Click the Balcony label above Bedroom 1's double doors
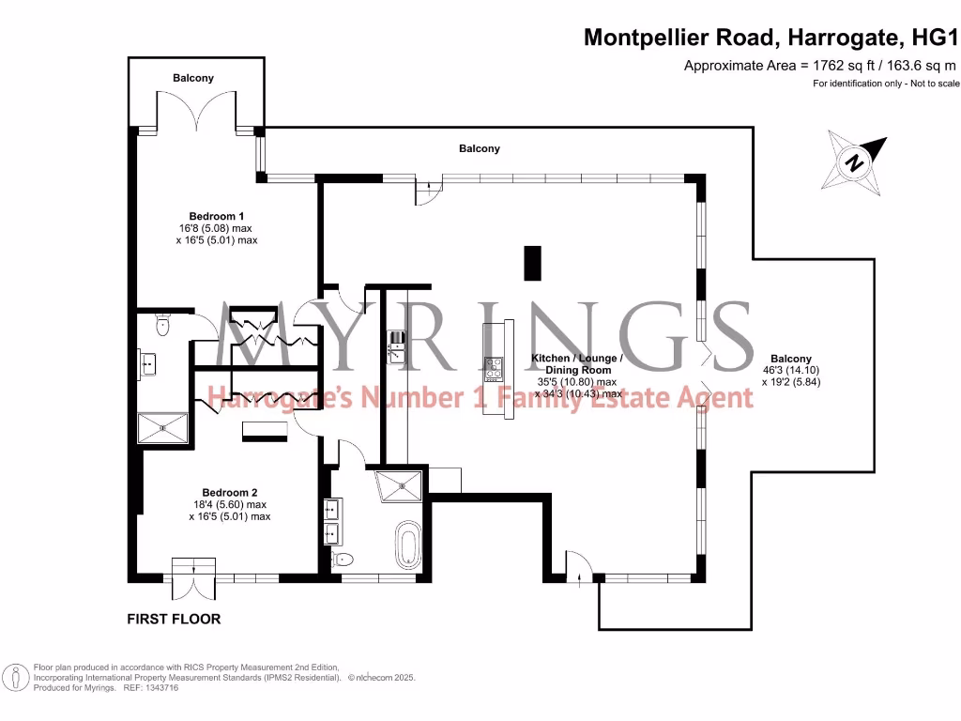[x=193, y=78]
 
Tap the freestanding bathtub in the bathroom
[x=407, y=545]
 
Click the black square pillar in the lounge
[x=532, y=261]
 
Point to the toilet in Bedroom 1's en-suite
[x=162, y=326]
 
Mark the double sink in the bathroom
[x=331, y=522]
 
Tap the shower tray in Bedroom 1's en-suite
[x=164, y=429]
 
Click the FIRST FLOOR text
[x=174, y=620]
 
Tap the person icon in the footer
[x=15, y=677]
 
